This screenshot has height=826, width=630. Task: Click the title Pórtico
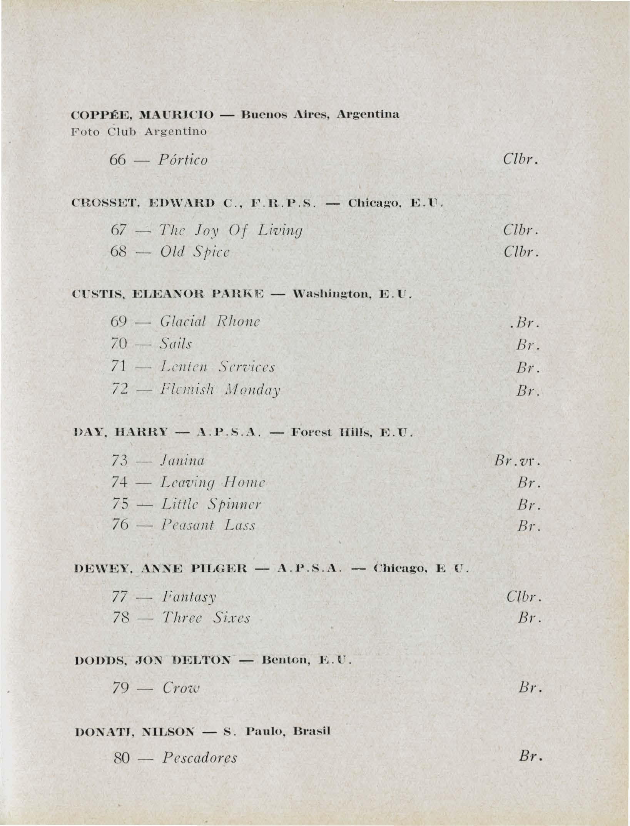[x=183, y=160]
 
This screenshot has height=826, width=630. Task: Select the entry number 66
[x=118, y=160]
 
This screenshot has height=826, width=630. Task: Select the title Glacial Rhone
[x=210, y=321]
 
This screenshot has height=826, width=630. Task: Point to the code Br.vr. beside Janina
[x=518, y=460]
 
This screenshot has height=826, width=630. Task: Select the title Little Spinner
[x=211, y=504]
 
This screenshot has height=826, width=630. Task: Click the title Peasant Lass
[x=208, y=526]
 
